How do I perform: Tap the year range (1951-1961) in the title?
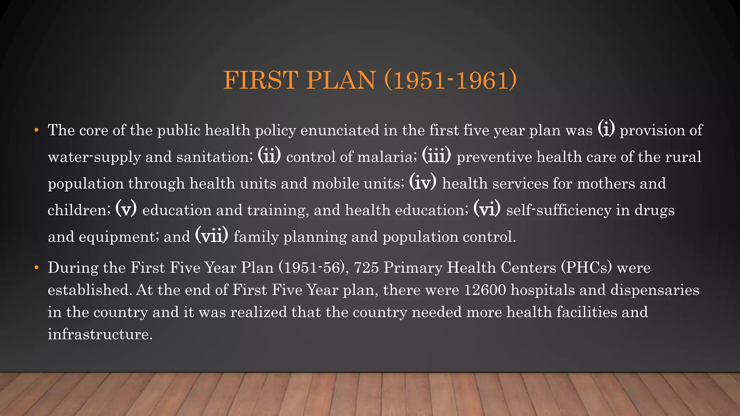451,80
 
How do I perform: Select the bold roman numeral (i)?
606,129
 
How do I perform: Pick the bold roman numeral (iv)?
423,182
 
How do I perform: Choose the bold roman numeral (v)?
126,209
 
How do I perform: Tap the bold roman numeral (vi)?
487,209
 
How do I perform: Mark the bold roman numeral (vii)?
212,236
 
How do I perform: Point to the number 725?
366,268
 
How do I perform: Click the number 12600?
485,290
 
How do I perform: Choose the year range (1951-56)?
312,268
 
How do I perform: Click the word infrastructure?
100,334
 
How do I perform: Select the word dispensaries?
655,290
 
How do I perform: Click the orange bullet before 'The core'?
36,130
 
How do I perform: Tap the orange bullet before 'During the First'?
36,268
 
